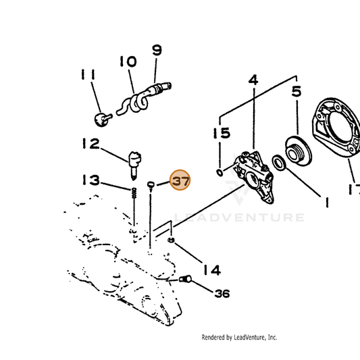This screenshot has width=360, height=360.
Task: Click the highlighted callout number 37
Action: pyautogui.click(x=180, y=180)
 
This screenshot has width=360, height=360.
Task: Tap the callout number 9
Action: pyautogui.click(x=157, y=50)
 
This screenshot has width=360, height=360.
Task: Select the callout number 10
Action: pyautogui.click(x=128, y=61)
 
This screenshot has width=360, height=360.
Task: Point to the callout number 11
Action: pyautogui.click(x=88, y=74)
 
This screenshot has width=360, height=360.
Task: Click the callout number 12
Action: pyautogui.click(x=91, y=143)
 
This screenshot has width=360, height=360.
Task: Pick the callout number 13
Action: pyautogui.click(x=91, y=180)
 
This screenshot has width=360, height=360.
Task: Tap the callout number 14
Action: pyautogui.click(x=212, y=269)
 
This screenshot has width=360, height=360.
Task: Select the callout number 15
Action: pyautogui.click(x=222, y=133)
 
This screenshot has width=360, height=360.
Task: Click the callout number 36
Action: pyautogui.click(x=222, y=293)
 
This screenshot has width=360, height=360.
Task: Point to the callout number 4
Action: pyautogui.click(x=253, y=80)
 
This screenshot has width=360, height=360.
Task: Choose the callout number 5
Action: pyautogui.click(x=297, y=91)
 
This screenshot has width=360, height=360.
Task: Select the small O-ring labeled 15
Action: pyautogui.click(x=220, y=173)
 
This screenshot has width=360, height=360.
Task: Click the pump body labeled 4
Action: pyautogui.click(x=253, y=177)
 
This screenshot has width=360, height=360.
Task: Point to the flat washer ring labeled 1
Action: pyautogui.click(x=279, y=163)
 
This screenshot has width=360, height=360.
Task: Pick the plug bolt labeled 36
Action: pyautogui.click(x=185, y=279)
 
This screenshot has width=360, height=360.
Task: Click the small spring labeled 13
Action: pyautogui.click(x=134, y=193)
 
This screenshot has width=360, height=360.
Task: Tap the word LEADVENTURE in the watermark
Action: pyautogui.click(x=240, y=217)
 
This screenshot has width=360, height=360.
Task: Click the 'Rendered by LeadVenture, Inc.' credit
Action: pyautogui.click(x=239, y=337)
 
